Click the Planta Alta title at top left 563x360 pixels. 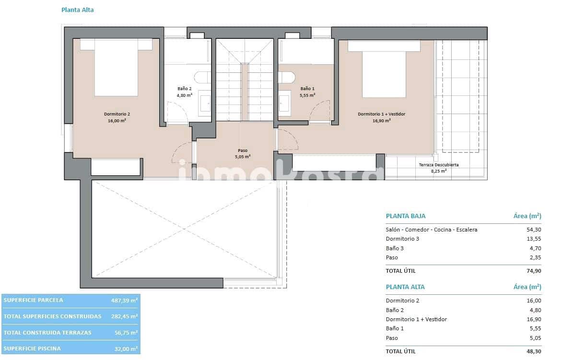(x=77, y=10)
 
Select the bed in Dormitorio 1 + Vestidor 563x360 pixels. (x=384, y=72)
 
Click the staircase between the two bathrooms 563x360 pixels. (x=245, y=81)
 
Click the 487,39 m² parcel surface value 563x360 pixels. (x=124, y=300)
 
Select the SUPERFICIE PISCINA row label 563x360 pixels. (x=32, y=348)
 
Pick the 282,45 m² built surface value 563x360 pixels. (x=124, y=316)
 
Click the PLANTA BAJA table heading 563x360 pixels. (x=405, y=216)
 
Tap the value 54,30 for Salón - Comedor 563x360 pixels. (x=534, y=230)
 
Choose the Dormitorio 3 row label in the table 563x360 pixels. (x=402, y=239)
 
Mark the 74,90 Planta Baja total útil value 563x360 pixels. (x=534, y=271)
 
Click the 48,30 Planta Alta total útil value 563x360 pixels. (x=534, y=351)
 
